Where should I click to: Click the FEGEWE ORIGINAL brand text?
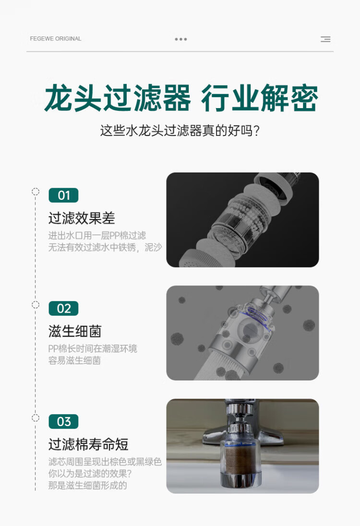click(x=56, y=38)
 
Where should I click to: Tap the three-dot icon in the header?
click(x=180, y=39)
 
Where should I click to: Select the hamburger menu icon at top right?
click(x=325, y=39)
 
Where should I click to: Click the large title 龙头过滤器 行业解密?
click(x=181, y=98)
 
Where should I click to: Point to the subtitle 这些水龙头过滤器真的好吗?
click(x=180, y=131)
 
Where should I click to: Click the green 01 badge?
click(x=63, y=195)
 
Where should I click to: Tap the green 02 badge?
click(x=63, y=308)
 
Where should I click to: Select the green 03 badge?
click(x=63, y=421)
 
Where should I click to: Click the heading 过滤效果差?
click(x=82, y=219)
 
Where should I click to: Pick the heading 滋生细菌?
click(x=75, y=331)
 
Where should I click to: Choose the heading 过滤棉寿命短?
click(x=88, y=444)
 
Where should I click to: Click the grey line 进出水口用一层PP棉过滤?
click(x=97, y=235)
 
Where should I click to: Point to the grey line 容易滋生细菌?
click(x=74, y=361)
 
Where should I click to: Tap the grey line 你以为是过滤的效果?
click(x=90, y=474)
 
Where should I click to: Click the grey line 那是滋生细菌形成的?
click(x=87, y=486)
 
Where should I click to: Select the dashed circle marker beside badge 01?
click(x=35, y=192)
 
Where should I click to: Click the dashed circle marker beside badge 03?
click(x=35, y=418)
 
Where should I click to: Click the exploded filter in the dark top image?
click(x=240, y=220)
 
